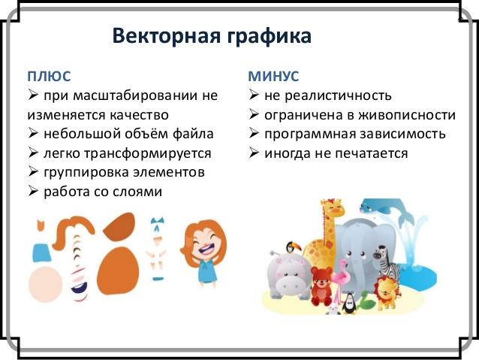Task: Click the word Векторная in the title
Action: click(x=167, y=36)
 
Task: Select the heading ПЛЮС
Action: click(x=49, y=76)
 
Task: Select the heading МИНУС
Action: click(x=273, y=76)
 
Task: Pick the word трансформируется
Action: click(x=147, y=153)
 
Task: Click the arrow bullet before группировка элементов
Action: click(x=33, y=171)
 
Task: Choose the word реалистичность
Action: click(x=338, y=95)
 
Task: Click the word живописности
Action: click(x=407, y=115)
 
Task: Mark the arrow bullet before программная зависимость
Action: click(x=254, y=133)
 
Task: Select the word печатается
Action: click(x=372, y=153)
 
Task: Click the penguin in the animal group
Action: click(x=348, y=304)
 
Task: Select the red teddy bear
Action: click(x=321, y=286)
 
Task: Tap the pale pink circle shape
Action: click(x=46, y=284)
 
